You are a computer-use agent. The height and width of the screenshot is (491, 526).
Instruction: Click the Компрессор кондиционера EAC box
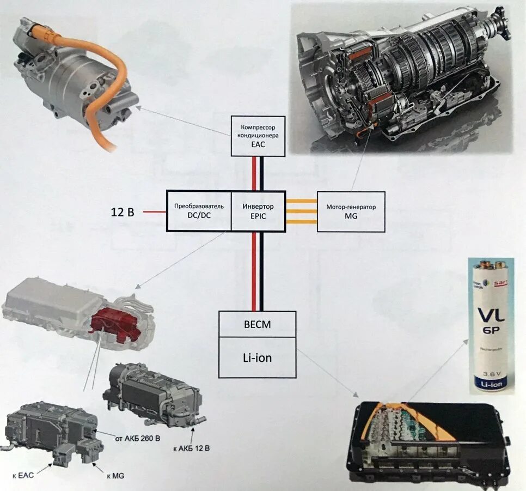pos(258,136)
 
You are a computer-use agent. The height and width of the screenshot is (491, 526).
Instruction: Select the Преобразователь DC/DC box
pos(199,211)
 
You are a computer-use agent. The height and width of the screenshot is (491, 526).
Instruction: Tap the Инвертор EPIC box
pos(258,211)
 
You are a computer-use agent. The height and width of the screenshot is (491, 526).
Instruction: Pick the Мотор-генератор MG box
pos(351,211)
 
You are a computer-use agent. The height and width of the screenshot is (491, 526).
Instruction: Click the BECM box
pos(257,325)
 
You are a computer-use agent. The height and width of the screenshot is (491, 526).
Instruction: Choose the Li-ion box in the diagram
pos(257,357)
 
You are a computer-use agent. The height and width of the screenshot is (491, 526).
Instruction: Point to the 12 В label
pos(123,212)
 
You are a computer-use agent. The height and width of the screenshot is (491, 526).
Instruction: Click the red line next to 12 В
pos(155,211)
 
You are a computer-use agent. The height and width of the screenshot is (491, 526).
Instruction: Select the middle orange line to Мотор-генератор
pos(301,211)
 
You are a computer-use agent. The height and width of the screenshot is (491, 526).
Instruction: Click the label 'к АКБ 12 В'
pos(191,448)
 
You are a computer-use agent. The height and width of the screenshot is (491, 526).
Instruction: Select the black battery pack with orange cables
pos(430,441)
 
